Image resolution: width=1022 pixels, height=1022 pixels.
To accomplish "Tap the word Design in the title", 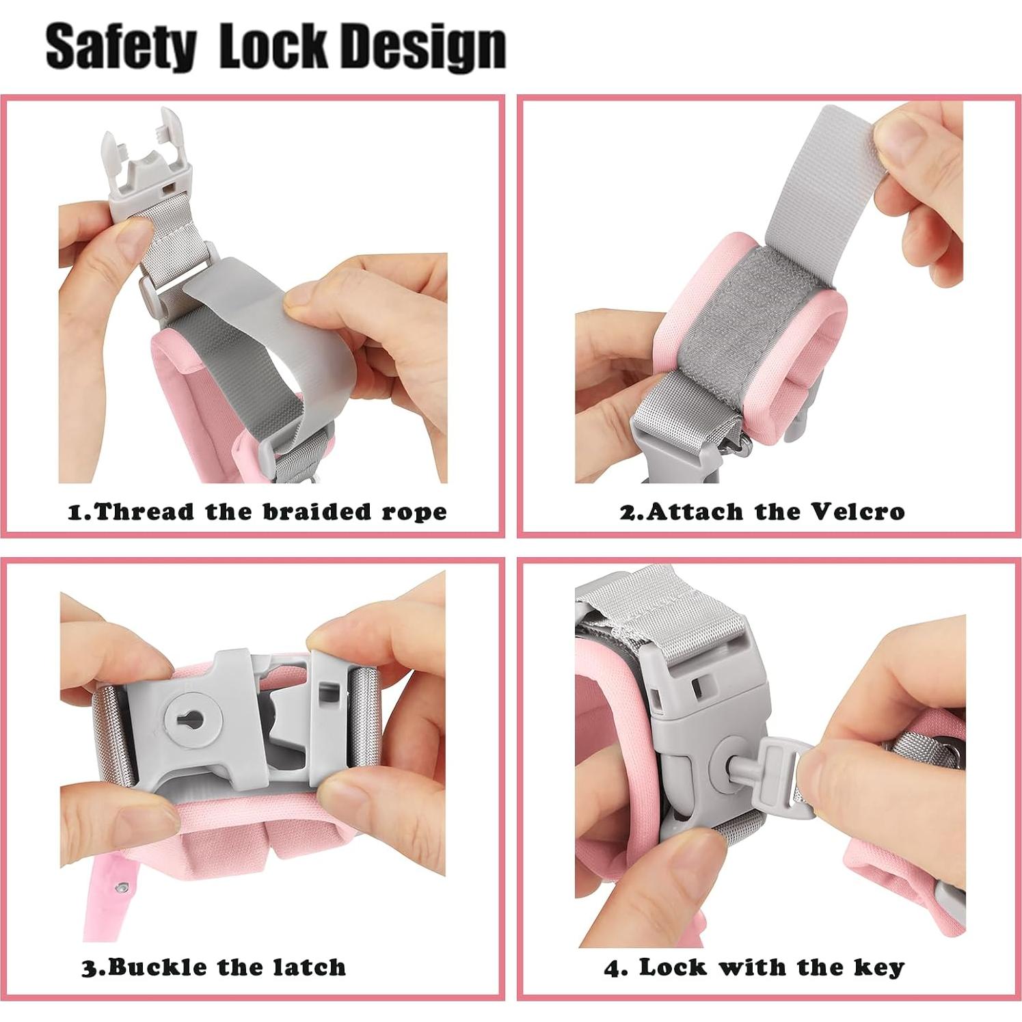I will (423, 48).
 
